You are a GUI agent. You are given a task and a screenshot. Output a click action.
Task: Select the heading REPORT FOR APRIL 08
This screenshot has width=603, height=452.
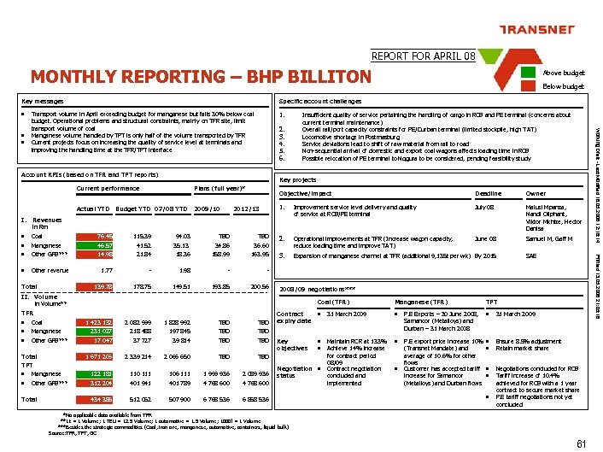[424, 56]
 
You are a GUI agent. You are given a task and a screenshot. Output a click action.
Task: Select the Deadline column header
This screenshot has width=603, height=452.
[488, 194]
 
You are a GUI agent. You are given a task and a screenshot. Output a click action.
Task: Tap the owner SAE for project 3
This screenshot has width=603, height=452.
[532, 255]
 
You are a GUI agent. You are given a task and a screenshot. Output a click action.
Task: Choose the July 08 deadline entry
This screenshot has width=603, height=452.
[484, 207]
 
